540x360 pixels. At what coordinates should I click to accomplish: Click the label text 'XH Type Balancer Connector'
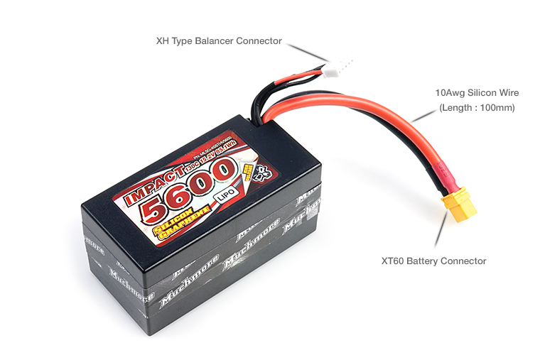point(219,41)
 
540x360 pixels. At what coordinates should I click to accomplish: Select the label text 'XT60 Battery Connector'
point(433,261)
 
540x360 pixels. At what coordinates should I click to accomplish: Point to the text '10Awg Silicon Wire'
point(477,93)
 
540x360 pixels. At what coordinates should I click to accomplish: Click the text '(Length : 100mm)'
point(477,108)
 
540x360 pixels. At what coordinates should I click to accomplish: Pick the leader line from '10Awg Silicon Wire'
point(423,114)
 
